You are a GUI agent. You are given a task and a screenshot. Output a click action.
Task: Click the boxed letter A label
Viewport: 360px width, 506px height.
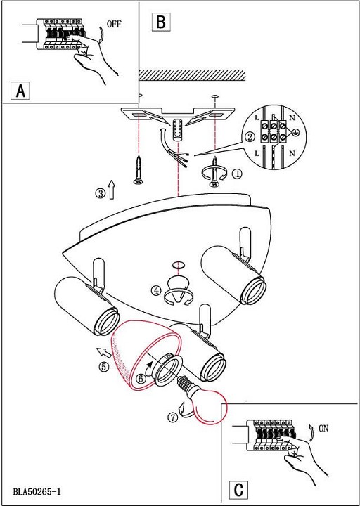20,91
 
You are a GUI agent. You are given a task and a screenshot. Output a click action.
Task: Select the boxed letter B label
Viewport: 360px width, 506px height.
161,22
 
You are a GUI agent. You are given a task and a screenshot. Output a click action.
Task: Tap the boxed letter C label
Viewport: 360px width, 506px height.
238,491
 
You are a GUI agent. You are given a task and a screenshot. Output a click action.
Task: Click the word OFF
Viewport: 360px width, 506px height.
114,24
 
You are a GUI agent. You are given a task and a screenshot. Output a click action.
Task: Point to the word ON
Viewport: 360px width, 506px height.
323,428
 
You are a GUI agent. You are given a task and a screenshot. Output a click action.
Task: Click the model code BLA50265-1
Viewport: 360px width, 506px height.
37,492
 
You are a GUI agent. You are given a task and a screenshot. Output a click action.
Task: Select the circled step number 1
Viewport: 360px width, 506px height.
238,174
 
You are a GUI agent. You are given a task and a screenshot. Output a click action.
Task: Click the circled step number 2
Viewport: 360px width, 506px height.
249,138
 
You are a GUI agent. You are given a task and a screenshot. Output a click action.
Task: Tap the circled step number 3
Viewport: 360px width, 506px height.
100,193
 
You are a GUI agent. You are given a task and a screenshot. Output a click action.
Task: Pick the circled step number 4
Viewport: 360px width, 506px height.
156,291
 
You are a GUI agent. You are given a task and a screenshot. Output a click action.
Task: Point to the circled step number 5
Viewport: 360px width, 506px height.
104,368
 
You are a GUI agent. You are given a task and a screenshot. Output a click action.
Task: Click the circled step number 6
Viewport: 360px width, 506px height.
141,379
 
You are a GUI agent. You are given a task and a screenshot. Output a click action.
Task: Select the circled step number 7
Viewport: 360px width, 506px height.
173,417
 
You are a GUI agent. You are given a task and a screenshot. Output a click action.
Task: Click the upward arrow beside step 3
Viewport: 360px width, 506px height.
111,190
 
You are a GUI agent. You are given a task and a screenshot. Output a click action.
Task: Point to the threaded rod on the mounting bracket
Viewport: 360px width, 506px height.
178,129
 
